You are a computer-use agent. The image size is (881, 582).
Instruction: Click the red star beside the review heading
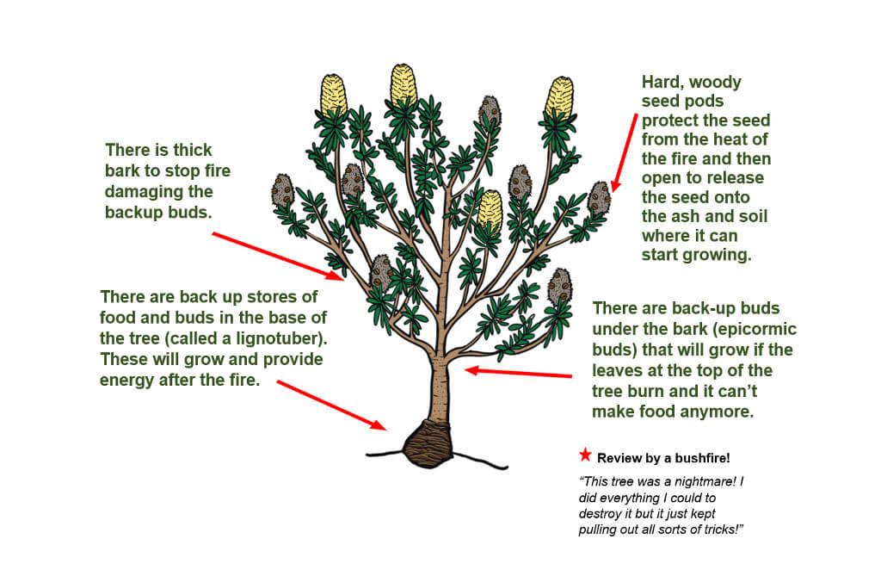point(585,455)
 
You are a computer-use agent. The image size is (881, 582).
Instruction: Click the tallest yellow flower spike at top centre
point(404,85)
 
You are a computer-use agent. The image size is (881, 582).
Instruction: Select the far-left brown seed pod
point(282,191)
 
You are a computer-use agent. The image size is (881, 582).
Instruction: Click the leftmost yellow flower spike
point(333,96)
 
